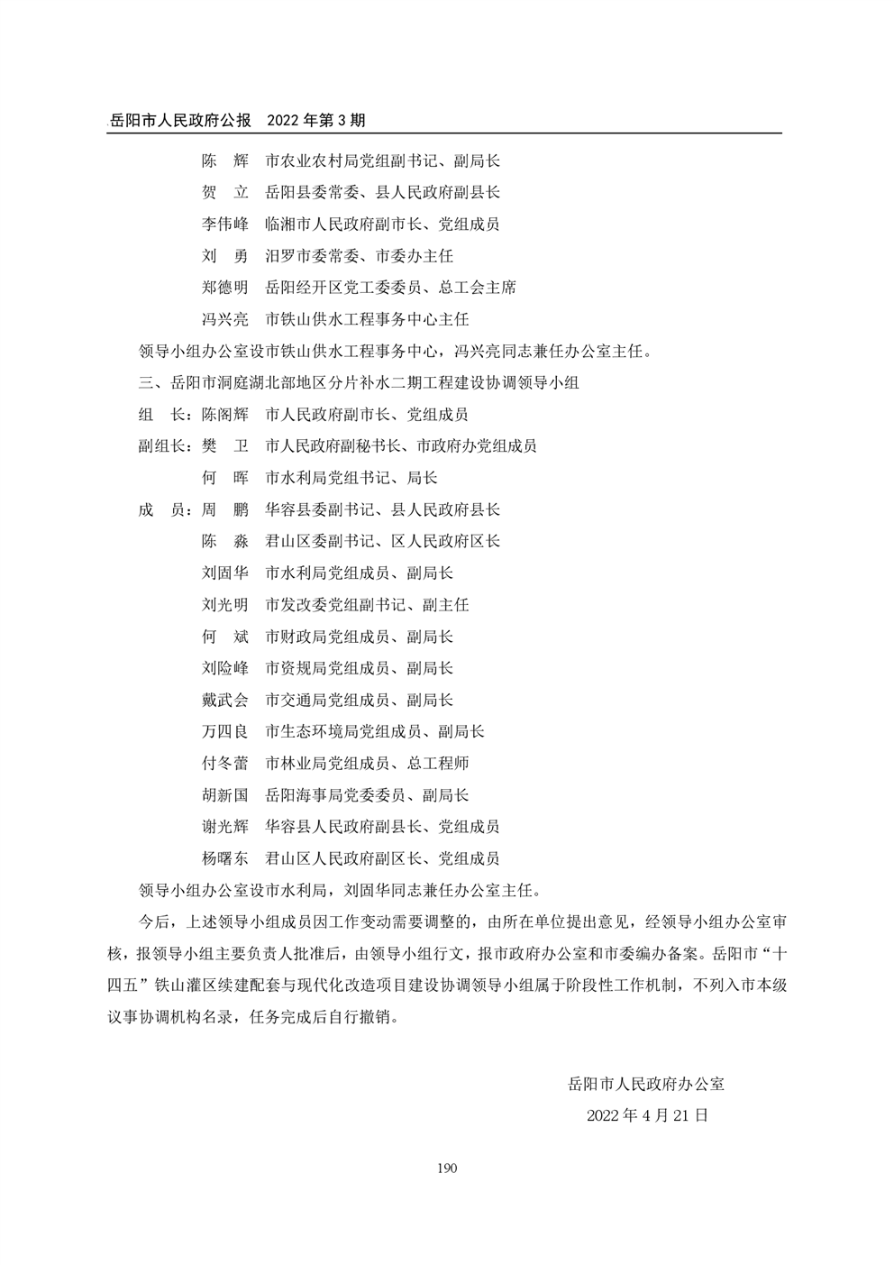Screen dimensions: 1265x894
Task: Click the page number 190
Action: pyautogui.click(x=447, y=1169)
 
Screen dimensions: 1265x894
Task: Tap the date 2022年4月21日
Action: pyautogui.click(x=647, y=1115)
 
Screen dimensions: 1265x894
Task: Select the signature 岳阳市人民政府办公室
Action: pyautogui.click(x=646, y=1084)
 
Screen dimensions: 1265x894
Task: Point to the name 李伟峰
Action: pyautogui.click(x=224, y=225)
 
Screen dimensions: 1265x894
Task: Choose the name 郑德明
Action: pyautogui.click(x=224, y=288)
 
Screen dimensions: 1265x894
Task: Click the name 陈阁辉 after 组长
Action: pyautogui.click(x=224, y=415)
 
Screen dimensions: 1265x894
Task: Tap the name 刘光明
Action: pyautogui.click(x=224, y=605)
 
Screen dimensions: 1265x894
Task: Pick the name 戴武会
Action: pyautogui.click(x=224, y=700)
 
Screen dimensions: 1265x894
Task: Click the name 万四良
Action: pyautogui.click(x=224, y=731)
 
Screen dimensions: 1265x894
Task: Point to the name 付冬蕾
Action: pyautogui.click(x=224, y=764)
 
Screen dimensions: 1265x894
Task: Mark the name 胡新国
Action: pyautogui.click(x=224, y=795)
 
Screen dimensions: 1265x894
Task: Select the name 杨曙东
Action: pyautogui.click(x=224, y=858)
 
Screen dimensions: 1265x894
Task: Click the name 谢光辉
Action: pyautogui.click(x=224, y=827)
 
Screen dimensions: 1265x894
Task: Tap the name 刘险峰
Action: pyautogui.click(x=224, y=668)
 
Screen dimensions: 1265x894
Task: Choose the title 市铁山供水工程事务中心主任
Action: pyautogui.click(x=367, y=319)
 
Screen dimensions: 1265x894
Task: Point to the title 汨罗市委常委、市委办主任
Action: pyautogui.click(x=359, y=256)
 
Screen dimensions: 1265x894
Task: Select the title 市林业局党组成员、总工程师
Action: pyautogui.click(x=367, y=764)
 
